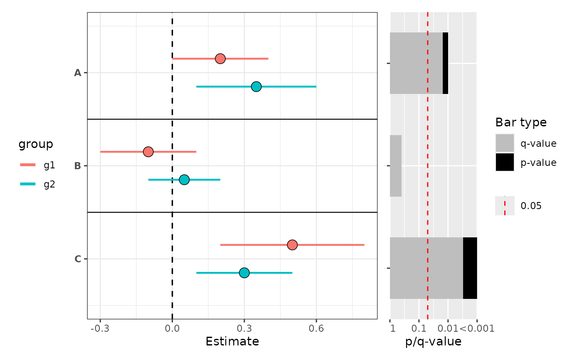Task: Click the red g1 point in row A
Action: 220,59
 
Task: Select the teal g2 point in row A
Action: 256,86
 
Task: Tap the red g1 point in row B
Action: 148,152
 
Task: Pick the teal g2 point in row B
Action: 184,180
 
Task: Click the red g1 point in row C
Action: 292,245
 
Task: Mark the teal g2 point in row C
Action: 244,273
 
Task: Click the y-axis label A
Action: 77,73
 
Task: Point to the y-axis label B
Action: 77,166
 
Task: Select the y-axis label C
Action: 77,259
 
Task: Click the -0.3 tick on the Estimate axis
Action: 100,329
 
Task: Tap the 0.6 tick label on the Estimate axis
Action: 316,329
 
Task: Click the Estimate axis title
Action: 232,342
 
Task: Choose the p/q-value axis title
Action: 433,342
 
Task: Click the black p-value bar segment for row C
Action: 470,268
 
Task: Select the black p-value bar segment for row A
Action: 445,63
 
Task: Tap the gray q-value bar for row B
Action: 396,166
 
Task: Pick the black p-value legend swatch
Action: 505,162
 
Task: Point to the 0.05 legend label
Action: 531,206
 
